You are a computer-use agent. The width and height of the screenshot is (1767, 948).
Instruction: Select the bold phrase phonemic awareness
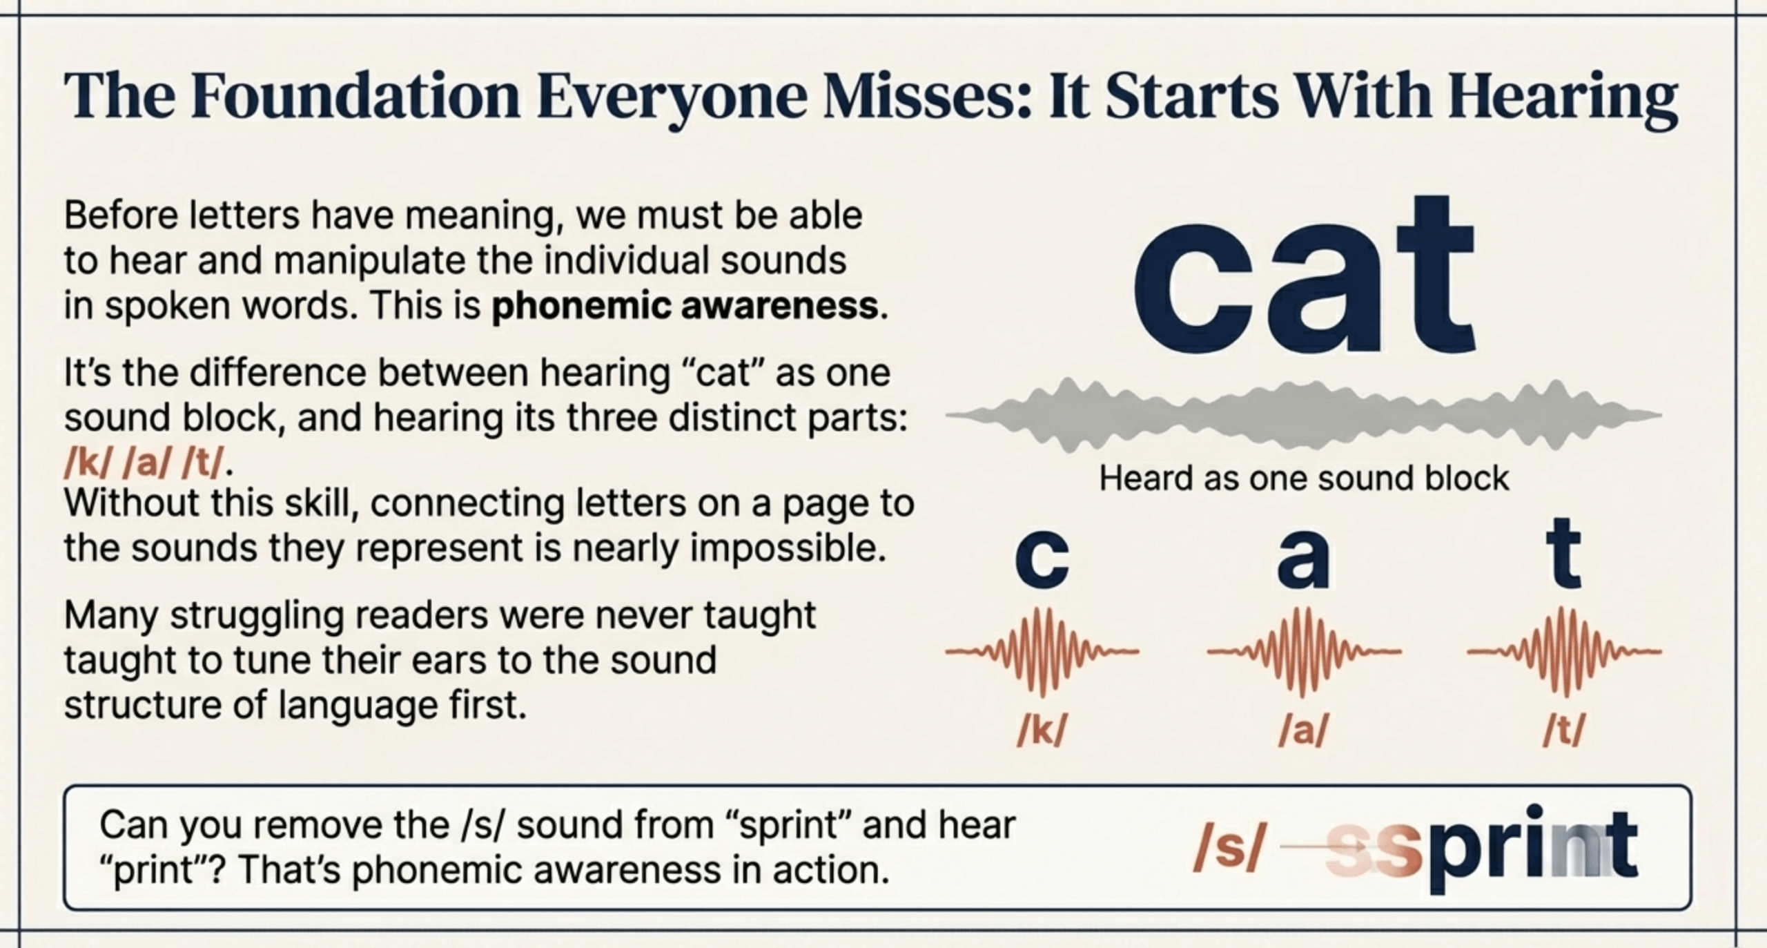click(x=685, y=306)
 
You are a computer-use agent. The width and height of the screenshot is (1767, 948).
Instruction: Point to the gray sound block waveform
click(x=1303, y=415)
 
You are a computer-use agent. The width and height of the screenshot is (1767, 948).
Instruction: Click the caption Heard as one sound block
click(x=1304, y=478)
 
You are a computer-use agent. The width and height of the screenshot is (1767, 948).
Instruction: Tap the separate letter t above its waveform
click(x=1564, y=554)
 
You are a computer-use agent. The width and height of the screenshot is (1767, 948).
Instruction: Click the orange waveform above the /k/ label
click(x=1042, y=651)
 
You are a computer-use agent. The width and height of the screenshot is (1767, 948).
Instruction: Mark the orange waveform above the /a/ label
click(x=1303, y=651)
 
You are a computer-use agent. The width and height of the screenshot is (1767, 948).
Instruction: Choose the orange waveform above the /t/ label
click(x=1564, y=651)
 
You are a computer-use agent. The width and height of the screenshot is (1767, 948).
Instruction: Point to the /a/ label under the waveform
click(x=1303, y=731)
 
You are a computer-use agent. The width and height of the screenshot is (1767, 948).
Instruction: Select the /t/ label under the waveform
click(x=1564, y=731)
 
